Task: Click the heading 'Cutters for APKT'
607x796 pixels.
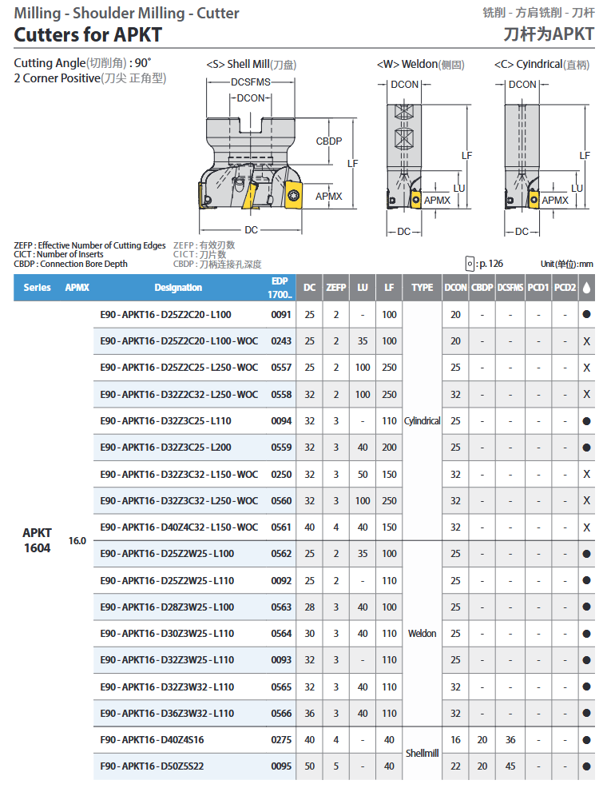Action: point(88,34)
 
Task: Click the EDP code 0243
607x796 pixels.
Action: point(281,341)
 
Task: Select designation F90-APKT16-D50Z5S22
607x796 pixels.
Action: point(152,766)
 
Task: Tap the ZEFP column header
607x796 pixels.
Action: point(336,288)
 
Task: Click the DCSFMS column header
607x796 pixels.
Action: point(510,288)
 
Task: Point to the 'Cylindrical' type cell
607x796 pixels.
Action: point(422,421)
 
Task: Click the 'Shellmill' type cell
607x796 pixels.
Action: point(422,753)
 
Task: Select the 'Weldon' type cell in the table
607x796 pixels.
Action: point(422,634)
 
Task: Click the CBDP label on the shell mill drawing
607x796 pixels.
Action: point(328,141)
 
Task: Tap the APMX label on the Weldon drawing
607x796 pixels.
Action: point(436,200)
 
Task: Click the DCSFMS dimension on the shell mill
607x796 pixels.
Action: point(250,82)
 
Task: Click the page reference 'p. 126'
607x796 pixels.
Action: point(489,264)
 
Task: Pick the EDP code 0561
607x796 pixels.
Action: point(281,527)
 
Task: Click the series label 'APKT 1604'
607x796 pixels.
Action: point(37,540)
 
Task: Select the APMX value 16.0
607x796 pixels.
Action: point(77,541)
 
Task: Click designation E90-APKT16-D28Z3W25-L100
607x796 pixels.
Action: point(166,607)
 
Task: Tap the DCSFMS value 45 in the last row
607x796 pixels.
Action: point(510,766)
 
